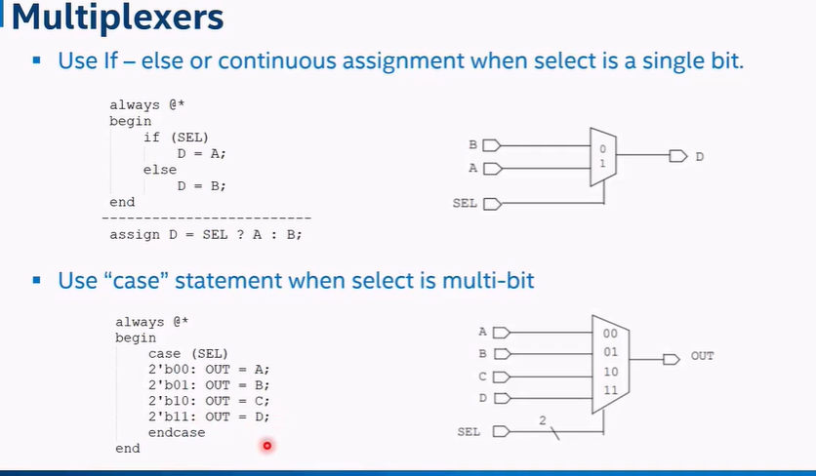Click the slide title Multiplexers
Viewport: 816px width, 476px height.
pyautogui.click(x=117, y=18)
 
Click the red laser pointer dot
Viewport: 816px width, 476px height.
pyautogui.click(x=265, y=446)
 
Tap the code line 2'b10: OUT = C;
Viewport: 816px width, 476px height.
pyautogui.click(x=208, y=401)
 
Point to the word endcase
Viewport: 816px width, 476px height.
pyautogui.click(x=177, y=432)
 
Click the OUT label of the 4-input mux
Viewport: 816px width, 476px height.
pyautogui.click(x=702, y=356)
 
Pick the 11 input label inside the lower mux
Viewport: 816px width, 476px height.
pyautogui.click(x=610, y=390)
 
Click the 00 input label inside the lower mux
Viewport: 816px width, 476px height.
pyautogui.click(x=610, y=334)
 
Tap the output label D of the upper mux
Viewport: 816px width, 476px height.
pyautogui.click(x=699, y=156)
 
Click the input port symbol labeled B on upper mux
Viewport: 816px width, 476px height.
pyautogui.click(x=491, y=145)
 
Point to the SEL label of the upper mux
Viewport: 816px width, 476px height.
pyautogui.click(x=465, y=203)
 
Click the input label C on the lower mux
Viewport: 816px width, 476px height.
pyautogui.click(x=482, y=377)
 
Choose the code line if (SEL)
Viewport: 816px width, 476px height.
pyautogui.click(x=176, y=138)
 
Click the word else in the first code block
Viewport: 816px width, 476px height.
pyautogui.click(x=160, y=170)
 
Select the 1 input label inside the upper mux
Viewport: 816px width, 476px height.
pyautogui.click(x=603, y=163)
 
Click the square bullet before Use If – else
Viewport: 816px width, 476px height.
pyautogui.click(x=37, y=60)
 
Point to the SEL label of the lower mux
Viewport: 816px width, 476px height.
pyautogui.click(x=469, y=431)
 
